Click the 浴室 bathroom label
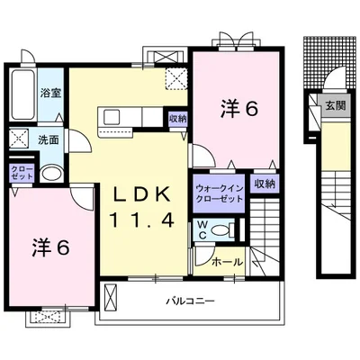click(51, 94)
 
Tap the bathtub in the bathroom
click(22, 94)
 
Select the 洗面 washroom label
click(49, 139)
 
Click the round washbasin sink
click(51, 174)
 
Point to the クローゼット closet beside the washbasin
click(22, 173)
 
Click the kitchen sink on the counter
click(112, 117)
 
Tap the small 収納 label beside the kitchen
click(177, 118)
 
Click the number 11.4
click(142, 220)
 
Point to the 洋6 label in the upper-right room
click(239, 109)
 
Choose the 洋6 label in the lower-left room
click(51, 247)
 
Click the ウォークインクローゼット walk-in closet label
click(219, 193)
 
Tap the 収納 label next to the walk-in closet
click(265, 184)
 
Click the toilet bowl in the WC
click(223, 230)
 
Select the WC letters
click(202, 229)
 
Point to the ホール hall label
click(227, 263)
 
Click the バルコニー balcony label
click(191, 301)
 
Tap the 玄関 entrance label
click(336, 105)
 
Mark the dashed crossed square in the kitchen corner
click(176, 78)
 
